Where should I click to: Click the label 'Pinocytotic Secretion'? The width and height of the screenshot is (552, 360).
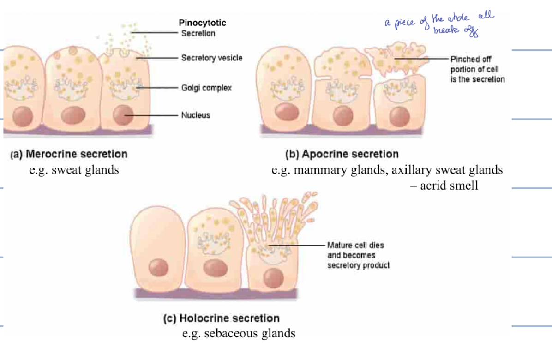(202, 28)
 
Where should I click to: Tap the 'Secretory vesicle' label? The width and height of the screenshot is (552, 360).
(211, 58)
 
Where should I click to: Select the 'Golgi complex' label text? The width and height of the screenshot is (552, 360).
(206, 87)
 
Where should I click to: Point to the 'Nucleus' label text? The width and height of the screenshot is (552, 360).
(195, 115)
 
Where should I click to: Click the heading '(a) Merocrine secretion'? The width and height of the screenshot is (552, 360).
(69, 154)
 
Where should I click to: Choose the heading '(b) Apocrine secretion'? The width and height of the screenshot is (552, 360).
(342, 154)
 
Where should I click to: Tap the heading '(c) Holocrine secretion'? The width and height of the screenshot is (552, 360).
(222, 318)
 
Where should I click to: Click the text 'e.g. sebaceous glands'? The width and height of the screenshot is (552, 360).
(239, 333)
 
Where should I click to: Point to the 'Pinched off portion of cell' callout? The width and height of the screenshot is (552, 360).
(477, 69)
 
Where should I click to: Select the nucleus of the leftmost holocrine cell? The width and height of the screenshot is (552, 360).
(157, 267)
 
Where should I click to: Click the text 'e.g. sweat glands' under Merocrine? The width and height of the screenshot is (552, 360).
(74, 170)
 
